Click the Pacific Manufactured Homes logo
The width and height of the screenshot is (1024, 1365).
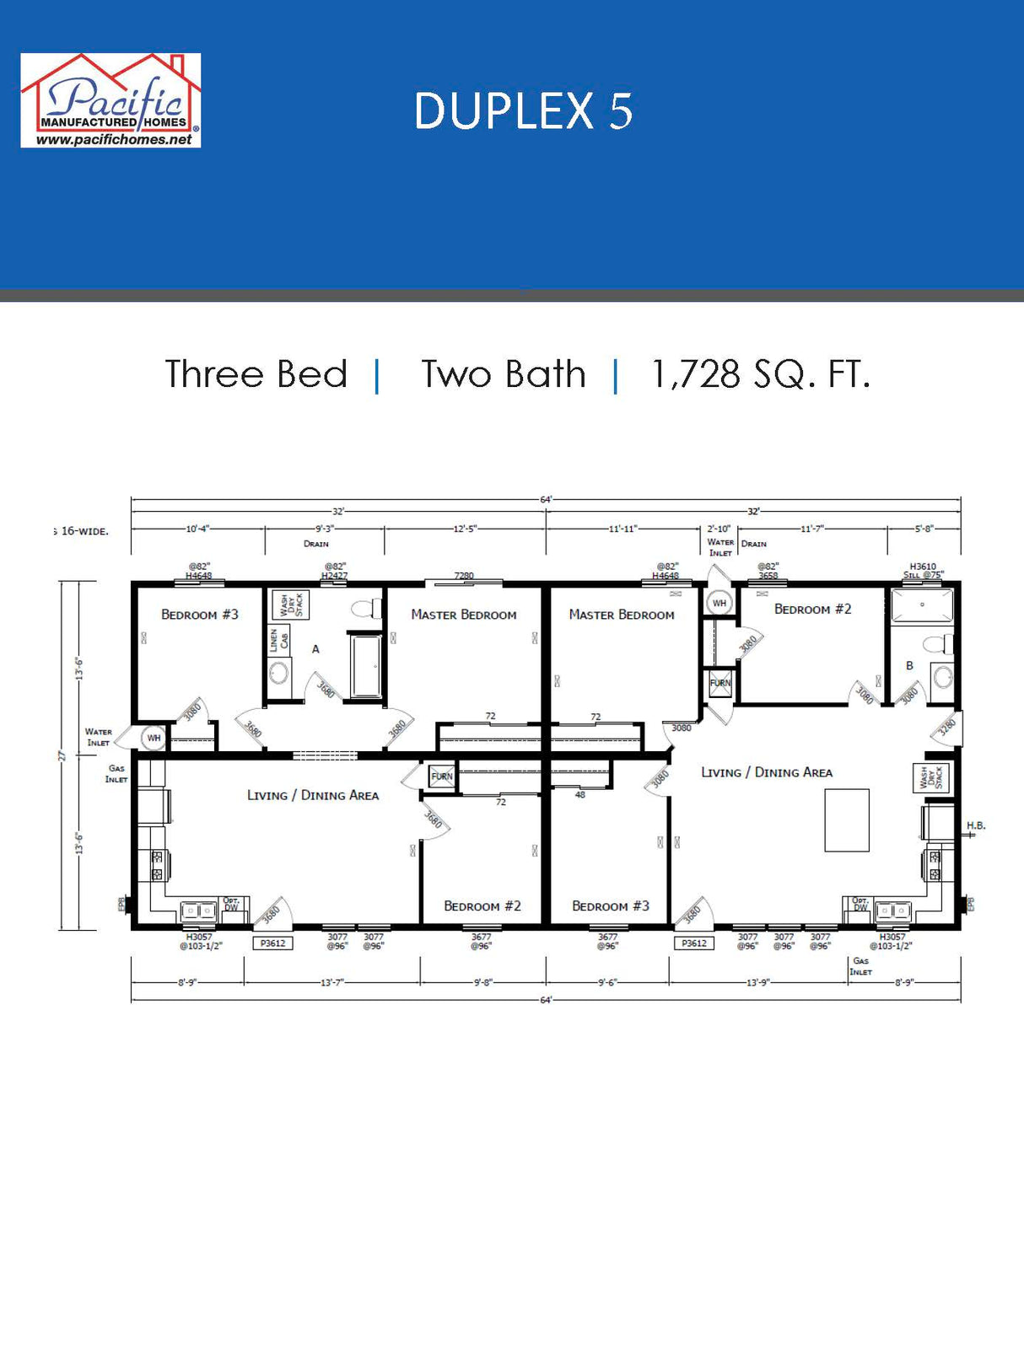click(110, 100)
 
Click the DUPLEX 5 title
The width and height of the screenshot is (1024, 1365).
click(523, 111)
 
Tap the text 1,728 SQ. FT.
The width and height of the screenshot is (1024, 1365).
click(760, 374)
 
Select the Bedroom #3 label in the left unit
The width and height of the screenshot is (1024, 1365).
click(200, 615)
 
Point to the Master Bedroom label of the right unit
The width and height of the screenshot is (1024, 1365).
click(622, 615)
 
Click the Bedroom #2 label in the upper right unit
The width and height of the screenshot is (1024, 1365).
click(812, 609)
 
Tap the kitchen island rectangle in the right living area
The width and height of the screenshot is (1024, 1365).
click(846, 820)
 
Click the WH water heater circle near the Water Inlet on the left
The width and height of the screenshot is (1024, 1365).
click(154, 738)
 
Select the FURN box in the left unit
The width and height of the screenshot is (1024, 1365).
click(442, 777)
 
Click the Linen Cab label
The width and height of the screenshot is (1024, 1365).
click(279, 640)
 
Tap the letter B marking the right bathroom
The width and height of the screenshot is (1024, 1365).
click(909, 665)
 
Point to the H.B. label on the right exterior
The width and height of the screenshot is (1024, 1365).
click(976, 825)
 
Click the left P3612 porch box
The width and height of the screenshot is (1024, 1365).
click(272, 943)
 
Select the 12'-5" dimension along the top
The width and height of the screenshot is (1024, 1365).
click(465, 529)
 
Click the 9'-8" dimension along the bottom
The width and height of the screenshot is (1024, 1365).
click(482, 982)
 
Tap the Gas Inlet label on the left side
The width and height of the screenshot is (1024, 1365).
click(116, 773)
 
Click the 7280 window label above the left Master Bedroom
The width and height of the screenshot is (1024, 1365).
click(464, 576)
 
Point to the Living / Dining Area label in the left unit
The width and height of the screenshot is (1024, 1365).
click(312, 795)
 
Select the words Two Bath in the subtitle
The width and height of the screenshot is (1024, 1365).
click(504, 374)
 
